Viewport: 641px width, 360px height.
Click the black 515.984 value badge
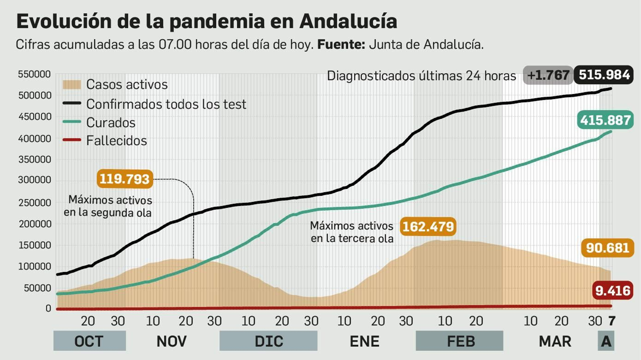coord(604,75)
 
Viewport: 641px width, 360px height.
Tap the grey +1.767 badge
coord(548,75)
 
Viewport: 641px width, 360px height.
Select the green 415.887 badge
coord(605,120)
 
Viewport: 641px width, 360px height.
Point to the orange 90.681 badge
coord(607,248)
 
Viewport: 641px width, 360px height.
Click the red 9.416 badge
coord(613,290)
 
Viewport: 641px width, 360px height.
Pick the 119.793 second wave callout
coord(125,179)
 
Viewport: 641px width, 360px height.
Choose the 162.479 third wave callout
coord(428,227)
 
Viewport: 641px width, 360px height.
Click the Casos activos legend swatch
coord(72,84)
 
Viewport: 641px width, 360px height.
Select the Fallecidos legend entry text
coord(117,141)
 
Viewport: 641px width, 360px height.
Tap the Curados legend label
coord(111,123)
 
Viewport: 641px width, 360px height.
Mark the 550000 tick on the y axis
coord(34,74)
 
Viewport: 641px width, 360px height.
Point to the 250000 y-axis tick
coord(34,203)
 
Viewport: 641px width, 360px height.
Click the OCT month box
coord(89,341)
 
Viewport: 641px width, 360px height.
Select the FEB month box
coord(460,341)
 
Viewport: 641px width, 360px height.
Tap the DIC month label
coord(268,341)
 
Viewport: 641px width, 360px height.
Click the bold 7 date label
coord(612,321)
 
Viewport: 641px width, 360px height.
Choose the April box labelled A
coord(606,341)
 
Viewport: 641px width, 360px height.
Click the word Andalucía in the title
coord(348,21)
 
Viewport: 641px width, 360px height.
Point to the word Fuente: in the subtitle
coord(341,44)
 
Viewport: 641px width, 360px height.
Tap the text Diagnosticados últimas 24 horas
coord(421,76)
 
